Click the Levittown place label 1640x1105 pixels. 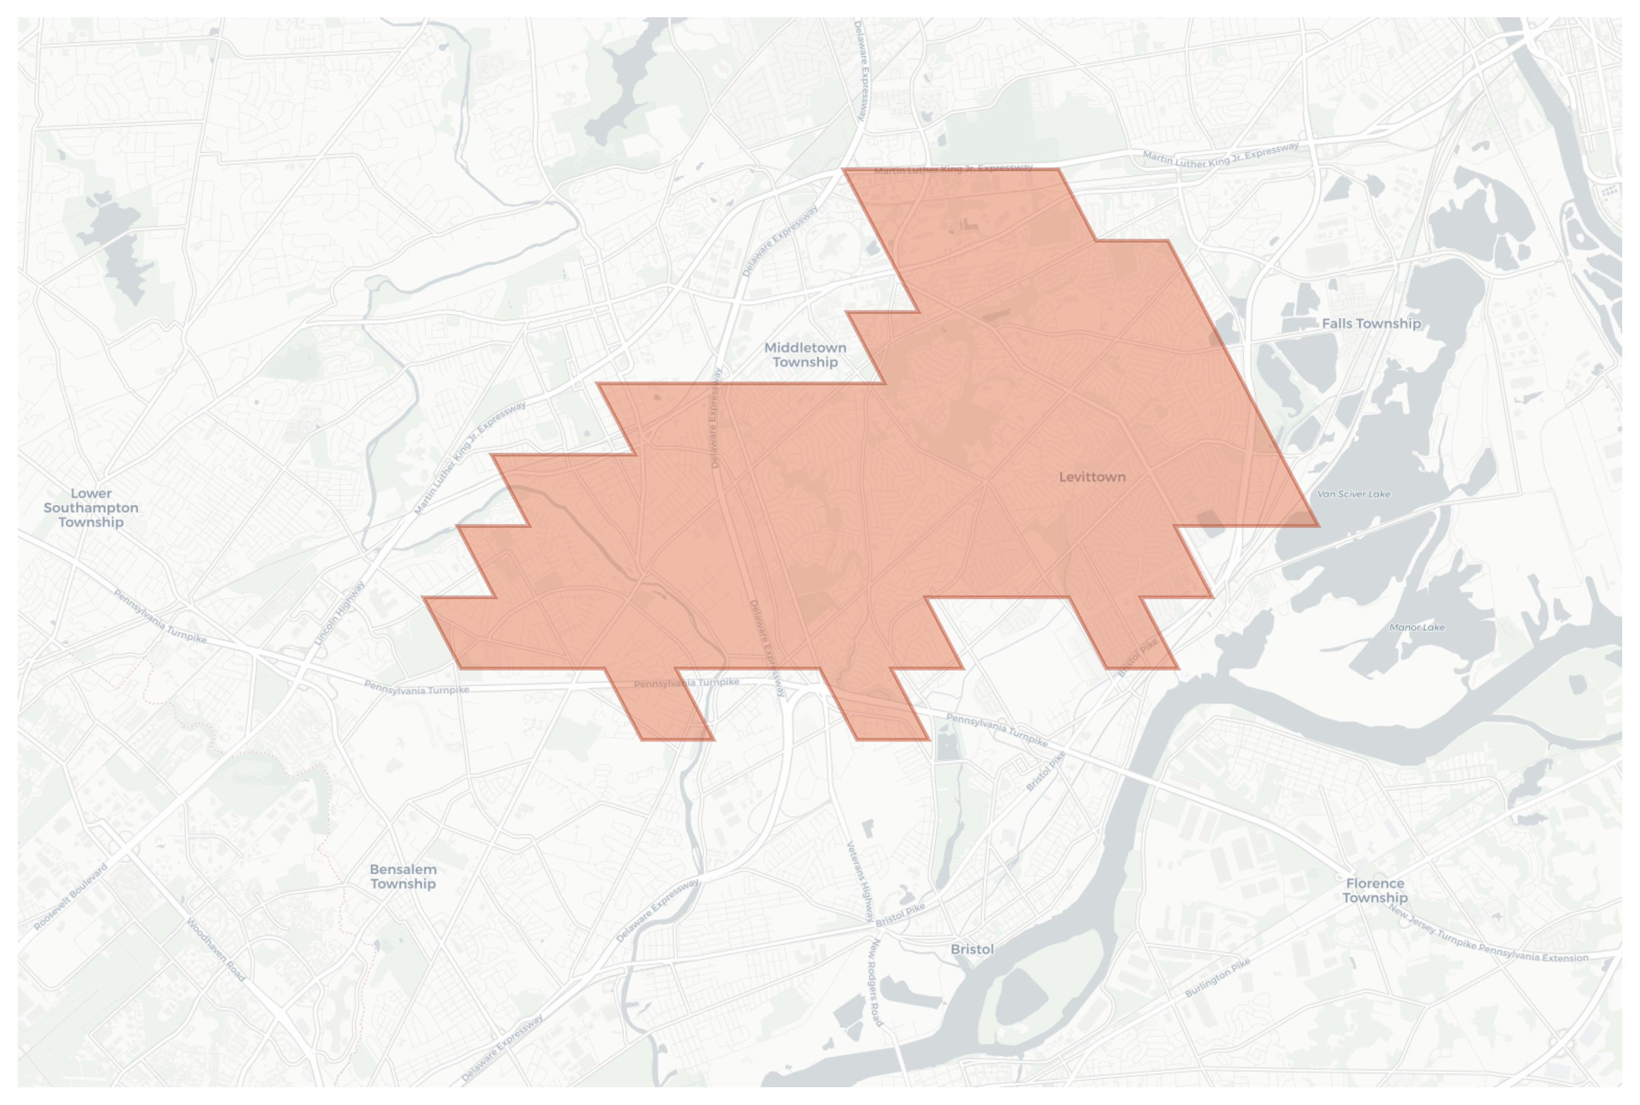point(1092,477)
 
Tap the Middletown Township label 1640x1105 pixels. point(805,354)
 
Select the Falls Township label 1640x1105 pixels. point(1371,323)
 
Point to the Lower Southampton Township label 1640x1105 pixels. point(91,508)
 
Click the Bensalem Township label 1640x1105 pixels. point(403,876)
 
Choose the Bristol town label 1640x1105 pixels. point(972,949)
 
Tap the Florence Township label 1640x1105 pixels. point(1374,890)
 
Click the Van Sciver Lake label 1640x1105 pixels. point(1353,494)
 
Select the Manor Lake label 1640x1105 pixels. point(1417,627)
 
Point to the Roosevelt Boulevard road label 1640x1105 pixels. point(71,896)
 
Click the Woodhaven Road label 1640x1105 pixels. point(216,949)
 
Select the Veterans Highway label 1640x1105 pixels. point(860,881)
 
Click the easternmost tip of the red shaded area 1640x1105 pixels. point(1319,525)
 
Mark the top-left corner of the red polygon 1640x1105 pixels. point(844,170)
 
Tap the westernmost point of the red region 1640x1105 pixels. point(424,597)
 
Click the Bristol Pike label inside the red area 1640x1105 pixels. point(1138,657)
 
